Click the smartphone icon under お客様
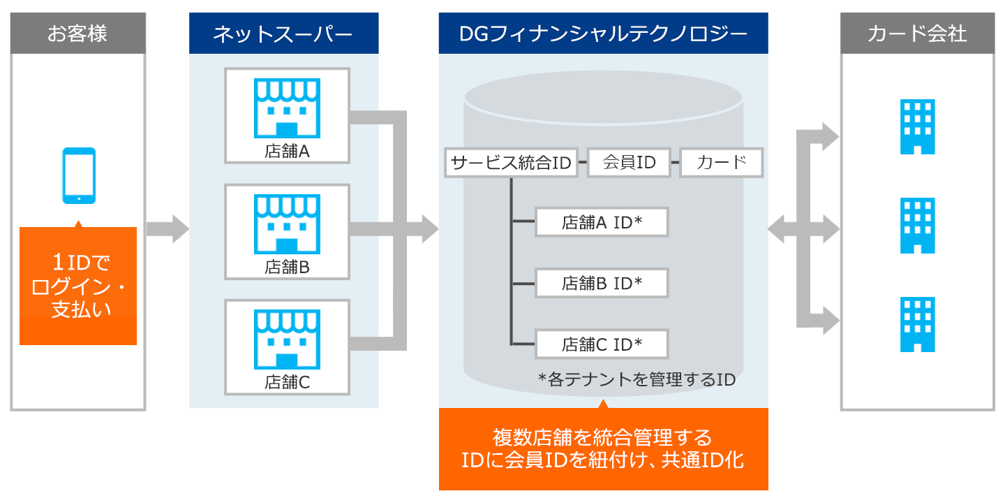(x=79, y=175)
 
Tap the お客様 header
(x=78, y=34)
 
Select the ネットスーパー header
(x=283, y=34)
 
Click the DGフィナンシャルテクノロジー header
(x=604, y=34)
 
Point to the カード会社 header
(x=918, y=34)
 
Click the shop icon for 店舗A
(x=287, y=108)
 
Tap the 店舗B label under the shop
(x=287, y=267)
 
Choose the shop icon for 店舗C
(x=287, y=339)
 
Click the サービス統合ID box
(x=511, y=163)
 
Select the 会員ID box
(x=629, y=163)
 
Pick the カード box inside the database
(x=722, y=163)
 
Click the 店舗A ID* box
(x=602, y=222)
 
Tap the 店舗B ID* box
(x=602, y=283)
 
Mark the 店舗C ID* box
(x=602, y=344)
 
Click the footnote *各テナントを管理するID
(x=636, y=380)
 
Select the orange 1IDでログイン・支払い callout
(x=78, y=286)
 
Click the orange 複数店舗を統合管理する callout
(x=604, y=449)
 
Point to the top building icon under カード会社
(x=918, y=126)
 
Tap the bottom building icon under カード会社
(x=918, y=324)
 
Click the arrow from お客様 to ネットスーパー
(x=167, y=229)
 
